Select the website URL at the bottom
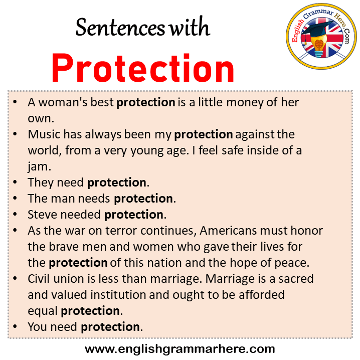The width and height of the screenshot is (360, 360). pyautogui.click(x=180, y=348)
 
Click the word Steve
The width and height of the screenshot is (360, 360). pyautogui.click(x=41, y=215)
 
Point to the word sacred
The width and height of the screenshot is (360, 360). pyautogui.click(x=292, y=279)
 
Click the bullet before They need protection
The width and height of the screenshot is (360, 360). pyautogui.click(x=17, y=183)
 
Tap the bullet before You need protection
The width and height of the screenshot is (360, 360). pyautogui.click(x=17, y=327)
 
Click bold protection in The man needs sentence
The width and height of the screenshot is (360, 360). pyautogui.click(x=143, y=199)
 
